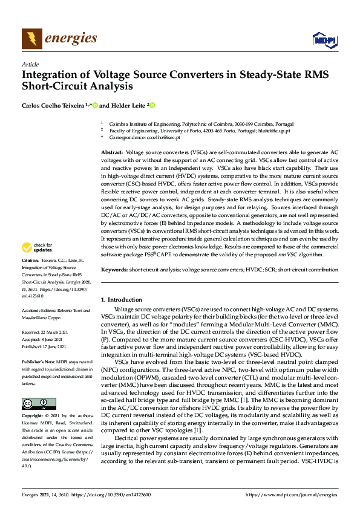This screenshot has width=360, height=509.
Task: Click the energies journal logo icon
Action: pos(32,39)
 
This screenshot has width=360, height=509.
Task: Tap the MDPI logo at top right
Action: pos(324,40)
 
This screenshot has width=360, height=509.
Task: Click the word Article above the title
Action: pos(30,64)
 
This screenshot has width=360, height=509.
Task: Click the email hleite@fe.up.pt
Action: pos(274,130)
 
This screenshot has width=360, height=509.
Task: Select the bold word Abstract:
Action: pos(112,154)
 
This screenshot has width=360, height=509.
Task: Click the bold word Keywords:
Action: pos(114,269)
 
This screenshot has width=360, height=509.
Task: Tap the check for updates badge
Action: pos(38,248)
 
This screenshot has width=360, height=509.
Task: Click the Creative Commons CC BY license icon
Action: pos(38,404)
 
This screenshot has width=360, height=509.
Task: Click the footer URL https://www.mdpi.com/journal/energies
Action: pos(292,494)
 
